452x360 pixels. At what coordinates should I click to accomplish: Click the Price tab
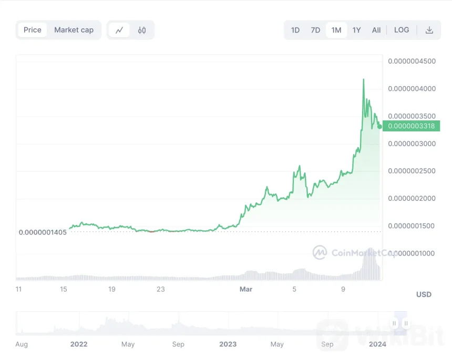[x=32, y=30]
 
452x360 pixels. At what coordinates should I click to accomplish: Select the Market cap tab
[x=74, y=30]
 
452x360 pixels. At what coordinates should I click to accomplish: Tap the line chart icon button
[x=119, y=30]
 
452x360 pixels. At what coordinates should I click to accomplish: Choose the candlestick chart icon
[x=142, y=30]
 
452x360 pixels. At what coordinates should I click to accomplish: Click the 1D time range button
[x=295, y=30]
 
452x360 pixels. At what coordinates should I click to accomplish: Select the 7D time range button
[x=315, y=30]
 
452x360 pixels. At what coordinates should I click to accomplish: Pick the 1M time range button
[x=336, y=30]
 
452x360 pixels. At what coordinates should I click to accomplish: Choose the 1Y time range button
[x=357, y=30]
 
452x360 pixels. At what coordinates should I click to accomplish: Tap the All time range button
[x=376, y=30]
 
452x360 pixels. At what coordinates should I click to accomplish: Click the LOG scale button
[x=402, y=30]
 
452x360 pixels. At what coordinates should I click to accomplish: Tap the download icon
[x=429, y=30]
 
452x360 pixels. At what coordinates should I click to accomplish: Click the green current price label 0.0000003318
[x=412, y=126]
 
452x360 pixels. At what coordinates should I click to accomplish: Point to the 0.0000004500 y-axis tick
[x=412, y=61]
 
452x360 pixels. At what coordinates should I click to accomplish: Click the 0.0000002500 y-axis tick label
[x=412, y=171]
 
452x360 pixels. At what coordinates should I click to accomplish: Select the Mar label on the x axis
[x=245, y=289]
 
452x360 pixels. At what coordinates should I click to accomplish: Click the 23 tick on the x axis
[x=161, y=289]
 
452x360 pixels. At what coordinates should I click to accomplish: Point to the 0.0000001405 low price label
[x=43, y=232]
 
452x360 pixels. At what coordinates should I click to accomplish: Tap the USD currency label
[x=424, y=294]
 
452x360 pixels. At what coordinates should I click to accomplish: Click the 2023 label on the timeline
[x=228, y=344]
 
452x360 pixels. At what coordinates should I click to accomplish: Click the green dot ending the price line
[x=379, y=126]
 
